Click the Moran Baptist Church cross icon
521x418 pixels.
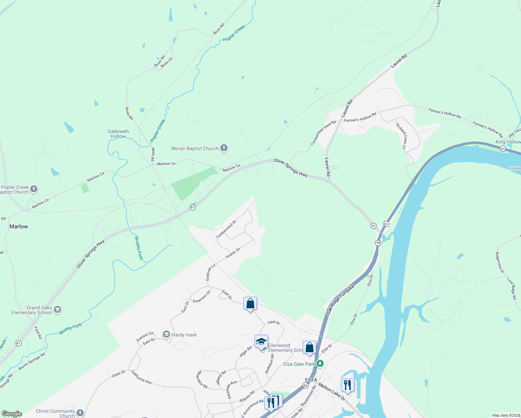224,149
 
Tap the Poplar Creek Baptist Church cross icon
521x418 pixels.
34,189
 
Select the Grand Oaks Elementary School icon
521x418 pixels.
57,309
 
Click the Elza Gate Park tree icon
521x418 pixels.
320,364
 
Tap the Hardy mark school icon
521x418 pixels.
166,335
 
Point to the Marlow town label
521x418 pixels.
19,226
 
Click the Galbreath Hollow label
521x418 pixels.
118,134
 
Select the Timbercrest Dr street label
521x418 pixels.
226,229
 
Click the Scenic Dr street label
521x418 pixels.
233,253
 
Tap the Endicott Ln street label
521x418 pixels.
211,272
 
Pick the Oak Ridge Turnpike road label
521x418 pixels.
340,300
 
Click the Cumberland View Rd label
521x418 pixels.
323,133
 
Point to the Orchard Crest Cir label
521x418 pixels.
401,136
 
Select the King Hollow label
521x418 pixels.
508,142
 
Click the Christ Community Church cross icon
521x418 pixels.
80,413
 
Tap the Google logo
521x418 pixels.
12,414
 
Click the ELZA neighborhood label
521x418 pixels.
311,380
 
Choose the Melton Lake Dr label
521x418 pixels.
332,392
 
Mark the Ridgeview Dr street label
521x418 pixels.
500,262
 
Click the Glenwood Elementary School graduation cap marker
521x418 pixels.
261,342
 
